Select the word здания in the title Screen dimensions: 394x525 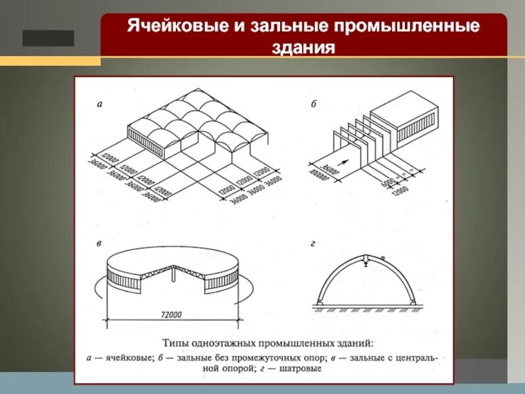[x=303, y=49]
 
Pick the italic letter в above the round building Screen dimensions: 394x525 [x=98, y=244]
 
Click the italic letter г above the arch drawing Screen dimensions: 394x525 [x=314, y=244]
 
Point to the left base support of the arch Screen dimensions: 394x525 [x=319, y=301]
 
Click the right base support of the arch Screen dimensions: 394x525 [x=413, y=301]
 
